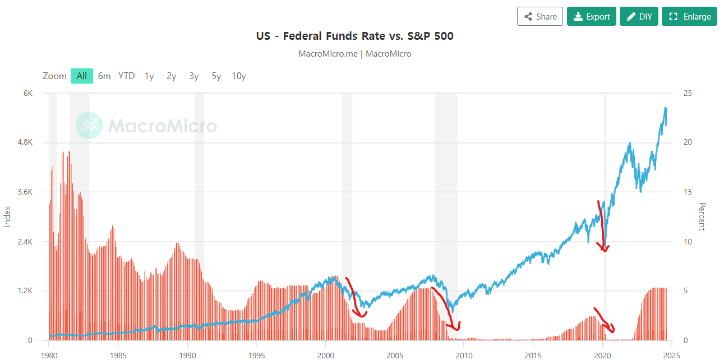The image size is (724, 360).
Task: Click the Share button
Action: coord(539,16)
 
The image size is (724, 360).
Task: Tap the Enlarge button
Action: coord(689,16)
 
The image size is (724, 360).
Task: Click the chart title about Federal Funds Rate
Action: coord(354,36)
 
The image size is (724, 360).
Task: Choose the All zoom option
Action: coord(82,76)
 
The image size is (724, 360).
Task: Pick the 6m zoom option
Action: coord(104,76)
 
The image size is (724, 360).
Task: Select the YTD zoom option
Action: coord(126,76)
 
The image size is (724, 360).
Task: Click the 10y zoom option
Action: coord(239,76)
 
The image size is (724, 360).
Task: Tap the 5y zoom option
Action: coord(216,76)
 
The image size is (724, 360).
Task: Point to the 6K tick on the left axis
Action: coord(27,93)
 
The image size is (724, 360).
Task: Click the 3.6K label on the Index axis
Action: coord(25,192)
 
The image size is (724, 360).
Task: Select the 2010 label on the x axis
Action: coord(464,355)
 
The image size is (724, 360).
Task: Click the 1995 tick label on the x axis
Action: coord(256,355)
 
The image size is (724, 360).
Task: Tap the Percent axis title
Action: coord(701,216)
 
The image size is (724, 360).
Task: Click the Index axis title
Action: coord(8,216)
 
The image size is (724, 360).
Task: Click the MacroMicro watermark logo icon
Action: coord(89,125)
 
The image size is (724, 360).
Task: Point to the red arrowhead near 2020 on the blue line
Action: coord(605,248)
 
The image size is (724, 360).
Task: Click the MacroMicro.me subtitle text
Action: coord(354,54)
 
